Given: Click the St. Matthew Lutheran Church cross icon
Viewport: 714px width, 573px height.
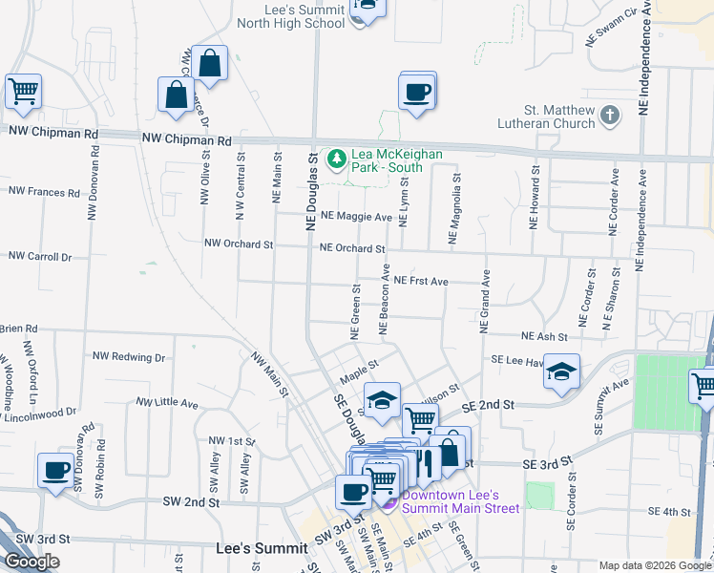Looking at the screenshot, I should tap(610, 116).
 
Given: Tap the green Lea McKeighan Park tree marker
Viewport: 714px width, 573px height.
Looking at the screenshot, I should tap(336, 158).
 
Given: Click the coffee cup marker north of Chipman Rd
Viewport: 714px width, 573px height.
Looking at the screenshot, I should tap(417, 92).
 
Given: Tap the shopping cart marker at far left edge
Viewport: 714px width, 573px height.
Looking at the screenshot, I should tap(22, 93).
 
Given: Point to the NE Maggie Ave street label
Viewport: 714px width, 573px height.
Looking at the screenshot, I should tap(357, 217).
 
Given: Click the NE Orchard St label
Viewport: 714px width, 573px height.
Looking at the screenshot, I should tap(352, 248).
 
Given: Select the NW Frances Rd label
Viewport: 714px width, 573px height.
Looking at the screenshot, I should tap(44, 191).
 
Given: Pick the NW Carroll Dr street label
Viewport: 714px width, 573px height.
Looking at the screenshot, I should tap(40, 256).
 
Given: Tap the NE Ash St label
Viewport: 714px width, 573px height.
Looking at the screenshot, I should tap(544, 336).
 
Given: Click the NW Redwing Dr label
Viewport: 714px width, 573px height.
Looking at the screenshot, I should tap(129, 356).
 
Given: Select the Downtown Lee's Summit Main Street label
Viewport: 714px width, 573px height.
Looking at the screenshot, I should tap(460, 501).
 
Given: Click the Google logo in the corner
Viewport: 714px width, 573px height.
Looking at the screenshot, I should tap(31, 562).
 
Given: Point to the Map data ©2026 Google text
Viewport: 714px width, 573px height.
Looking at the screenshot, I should tap(654, 565).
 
